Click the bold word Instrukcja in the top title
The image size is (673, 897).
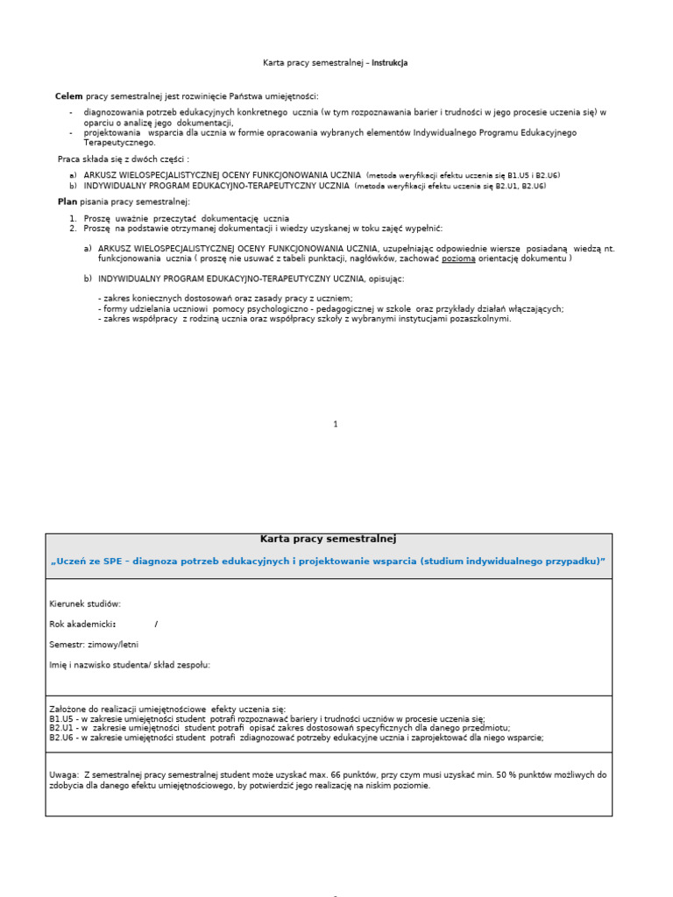click(x=389, y=63)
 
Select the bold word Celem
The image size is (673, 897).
click(x=68, y=95)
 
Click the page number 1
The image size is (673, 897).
click(x=336, y=424)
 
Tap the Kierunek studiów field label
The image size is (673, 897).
click(x=85, y=604)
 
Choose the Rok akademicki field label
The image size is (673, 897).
click(x=82, y=624)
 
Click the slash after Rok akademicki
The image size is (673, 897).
click(x=156, y=624)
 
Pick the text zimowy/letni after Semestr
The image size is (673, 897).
click(x=114, y=644)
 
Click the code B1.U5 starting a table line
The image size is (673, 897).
click(x=62, y=718)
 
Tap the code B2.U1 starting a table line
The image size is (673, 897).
click(x=62, y=728)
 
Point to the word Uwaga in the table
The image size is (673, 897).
click(x=64, y=775)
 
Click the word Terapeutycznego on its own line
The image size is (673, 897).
click(x=119, y=142)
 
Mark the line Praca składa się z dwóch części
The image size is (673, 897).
click(x=123, y=159)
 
